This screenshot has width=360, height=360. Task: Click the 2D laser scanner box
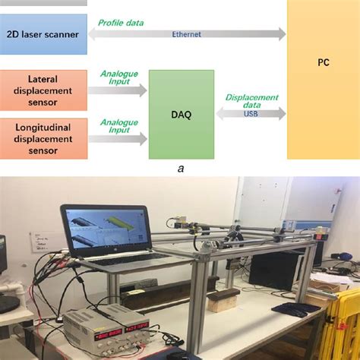tap(44, 34)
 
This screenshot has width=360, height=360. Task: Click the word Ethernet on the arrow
tap(188, 34)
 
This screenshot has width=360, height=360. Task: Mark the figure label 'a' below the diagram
tap(180, 169)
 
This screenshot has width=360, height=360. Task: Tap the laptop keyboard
tap(125, 261)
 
